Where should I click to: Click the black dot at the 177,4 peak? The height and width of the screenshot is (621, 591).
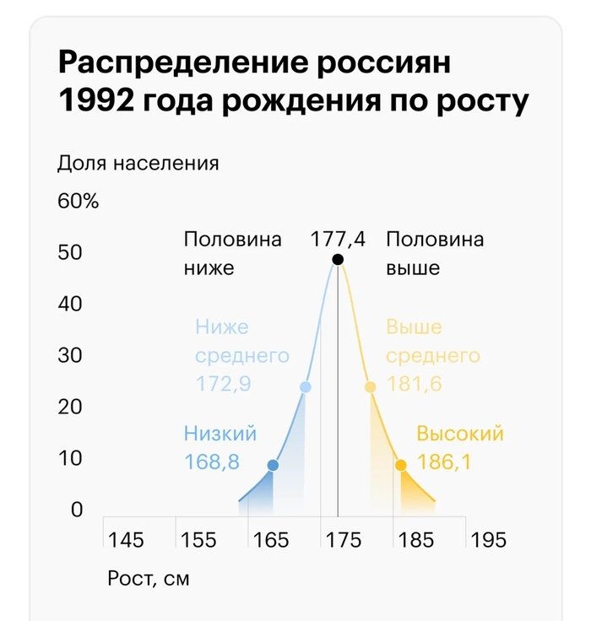[x=338, y=259]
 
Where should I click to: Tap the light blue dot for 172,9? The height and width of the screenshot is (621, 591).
[x=306, y=387]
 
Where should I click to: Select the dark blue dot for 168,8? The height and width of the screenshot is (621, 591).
[x=273, y=465]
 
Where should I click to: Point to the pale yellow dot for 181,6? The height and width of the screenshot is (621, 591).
[x=370, y=387]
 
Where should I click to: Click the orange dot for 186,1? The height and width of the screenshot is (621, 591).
[x=401, y=465]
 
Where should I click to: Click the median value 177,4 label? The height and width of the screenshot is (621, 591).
[x=338, y=239]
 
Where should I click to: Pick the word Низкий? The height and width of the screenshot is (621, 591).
[x=220, y=434]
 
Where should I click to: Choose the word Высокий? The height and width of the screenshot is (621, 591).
[x=460, y=434]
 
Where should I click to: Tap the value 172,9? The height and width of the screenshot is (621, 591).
[x=223, y=384]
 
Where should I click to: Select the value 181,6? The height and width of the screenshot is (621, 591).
[x=415, y=384]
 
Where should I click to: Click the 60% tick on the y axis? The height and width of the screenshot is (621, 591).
[x=79, y=202]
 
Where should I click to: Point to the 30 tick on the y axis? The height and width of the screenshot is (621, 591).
[x=69, y=355]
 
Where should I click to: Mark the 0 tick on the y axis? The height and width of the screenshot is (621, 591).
[x=76, y=510]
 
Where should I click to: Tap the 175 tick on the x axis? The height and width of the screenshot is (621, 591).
[x=343, y=540]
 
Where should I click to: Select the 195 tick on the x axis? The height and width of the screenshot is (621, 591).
[x=488, y=540]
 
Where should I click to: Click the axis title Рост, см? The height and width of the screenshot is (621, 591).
[x=149, y=580]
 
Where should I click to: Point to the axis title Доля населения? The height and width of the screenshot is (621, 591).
[x=138, y=163]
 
